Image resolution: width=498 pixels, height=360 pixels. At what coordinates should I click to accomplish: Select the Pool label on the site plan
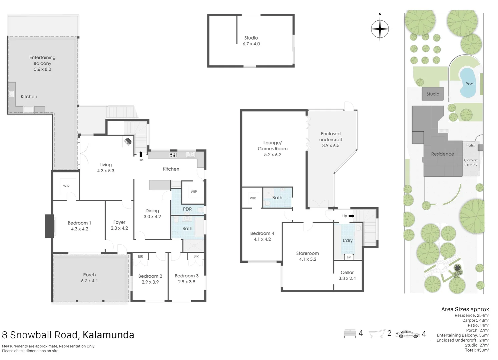470,84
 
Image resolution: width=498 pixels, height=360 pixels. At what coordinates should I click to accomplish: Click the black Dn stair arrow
141,154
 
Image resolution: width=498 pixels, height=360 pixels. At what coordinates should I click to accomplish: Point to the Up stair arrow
351,216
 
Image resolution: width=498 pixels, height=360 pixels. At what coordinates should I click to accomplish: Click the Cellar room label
347,272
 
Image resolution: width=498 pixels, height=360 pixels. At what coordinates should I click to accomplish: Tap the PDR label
187,209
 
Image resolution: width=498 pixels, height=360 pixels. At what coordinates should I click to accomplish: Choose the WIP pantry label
194,192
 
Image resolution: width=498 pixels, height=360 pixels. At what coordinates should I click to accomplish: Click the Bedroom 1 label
79,223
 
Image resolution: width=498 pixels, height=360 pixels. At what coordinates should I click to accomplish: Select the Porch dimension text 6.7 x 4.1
89,281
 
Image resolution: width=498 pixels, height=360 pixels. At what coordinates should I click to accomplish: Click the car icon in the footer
408,334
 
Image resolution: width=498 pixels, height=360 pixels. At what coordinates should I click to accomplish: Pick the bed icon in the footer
350,333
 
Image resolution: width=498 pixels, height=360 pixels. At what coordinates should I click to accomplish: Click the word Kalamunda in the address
108,335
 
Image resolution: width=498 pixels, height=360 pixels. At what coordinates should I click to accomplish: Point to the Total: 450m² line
477,350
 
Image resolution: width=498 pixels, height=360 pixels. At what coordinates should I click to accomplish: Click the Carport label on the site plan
471,160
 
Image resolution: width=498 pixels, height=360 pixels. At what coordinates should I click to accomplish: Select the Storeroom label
308,253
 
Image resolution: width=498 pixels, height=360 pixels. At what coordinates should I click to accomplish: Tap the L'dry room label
348,240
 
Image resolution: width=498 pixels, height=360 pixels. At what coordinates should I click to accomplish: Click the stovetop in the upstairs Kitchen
173,155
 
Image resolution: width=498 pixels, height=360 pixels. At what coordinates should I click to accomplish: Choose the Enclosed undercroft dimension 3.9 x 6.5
331,145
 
